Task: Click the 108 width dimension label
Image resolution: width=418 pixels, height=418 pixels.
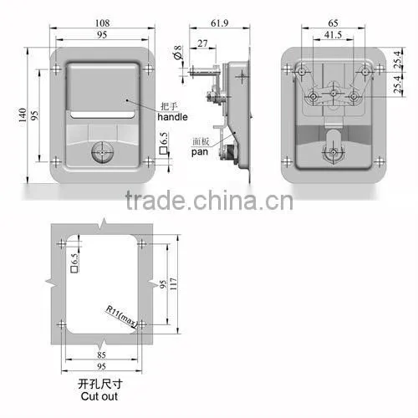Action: (x=102, y=23)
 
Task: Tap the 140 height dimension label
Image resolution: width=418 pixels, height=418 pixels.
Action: (x=23, y=115)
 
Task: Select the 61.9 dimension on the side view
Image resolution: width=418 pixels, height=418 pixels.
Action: (x=220, y=23)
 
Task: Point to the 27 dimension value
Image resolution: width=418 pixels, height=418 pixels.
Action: (x=202, y=43)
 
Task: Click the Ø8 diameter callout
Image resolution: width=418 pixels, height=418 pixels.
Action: (x=178, y=53)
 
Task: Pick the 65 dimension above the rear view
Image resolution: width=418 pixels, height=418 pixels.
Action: (x=333, y=23)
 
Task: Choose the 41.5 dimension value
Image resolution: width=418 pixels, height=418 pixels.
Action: (x=333, y=35)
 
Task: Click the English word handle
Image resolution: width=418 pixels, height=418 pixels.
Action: (x=172, y=117)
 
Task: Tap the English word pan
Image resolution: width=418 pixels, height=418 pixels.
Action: (x=200, y=152)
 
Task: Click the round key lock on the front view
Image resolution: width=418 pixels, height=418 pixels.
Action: (x=103, y=152)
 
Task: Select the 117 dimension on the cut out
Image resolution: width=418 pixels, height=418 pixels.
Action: (x=173, y=283)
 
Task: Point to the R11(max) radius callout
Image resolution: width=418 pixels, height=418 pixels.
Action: (x=121, y=317)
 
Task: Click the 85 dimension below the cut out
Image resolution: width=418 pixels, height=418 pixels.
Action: (x=101, y=354)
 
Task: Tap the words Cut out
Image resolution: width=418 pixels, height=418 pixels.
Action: (x=99, y=396)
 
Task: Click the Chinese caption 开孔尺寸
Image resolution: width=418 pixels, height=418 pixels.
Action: (x=99, y=385)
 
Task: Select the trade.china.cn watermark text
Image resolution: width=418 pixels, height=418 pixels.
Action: (x=209, y=200)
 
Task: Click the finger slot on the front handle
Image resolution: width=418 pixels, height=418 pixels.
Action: (x=102, y=115)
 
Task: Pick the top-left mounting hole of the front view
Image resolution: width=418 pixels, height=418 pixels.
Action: (x=56, y=69)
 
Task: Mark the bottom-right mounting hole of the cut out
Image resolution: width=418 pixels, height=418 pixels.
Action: (x=142, y=324)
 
